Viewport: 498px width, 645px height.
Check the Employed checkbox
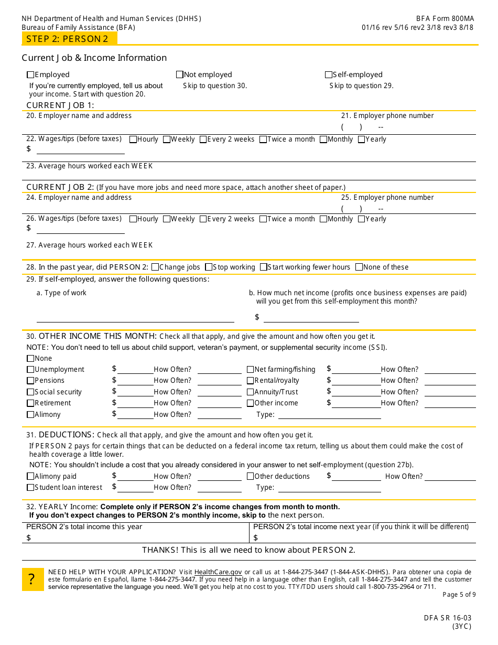click(x=30, y=74)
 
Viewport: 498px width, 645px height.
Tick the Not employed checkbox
click(x=180, y=74)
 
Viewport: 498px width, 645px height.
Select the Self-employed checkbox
click(x=329, y=74)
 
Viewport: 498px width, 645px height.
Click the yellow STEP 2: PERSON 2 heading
click(x=68, y=39)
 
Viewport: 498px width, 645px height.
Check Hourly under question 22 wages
click(x=133, y=139)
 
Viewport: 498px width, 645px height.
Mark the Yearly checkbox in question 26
click(x=362, y=219)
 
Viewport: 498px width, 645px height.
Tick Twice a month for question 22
click(x=263, y=139)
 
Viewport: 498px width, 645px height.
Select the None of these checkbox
click(x=359, y=267)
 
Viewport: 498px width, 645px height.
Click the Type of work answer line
click(x=135, y=318)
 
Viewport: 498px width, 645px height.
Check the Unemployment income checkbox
click(x=30, y=370)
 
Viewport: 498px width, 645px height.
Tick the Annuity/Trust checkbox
click(x=251, y=392)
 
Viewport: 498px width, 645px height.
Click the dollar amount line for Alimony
click(x=135, y=414)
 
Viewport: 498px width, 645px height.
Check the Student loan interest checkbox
click(x=30, y=488)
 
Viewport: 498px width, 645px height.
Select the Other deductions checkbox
click(x=251, y=477)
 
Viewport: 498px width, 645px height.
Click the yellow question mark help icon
click(x=33, y=579)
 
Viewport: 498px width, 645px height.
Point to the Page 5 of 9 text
click(x=459, y=595)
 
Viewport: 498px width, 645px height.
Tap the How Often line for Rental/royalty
click(x=450, y=381)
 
